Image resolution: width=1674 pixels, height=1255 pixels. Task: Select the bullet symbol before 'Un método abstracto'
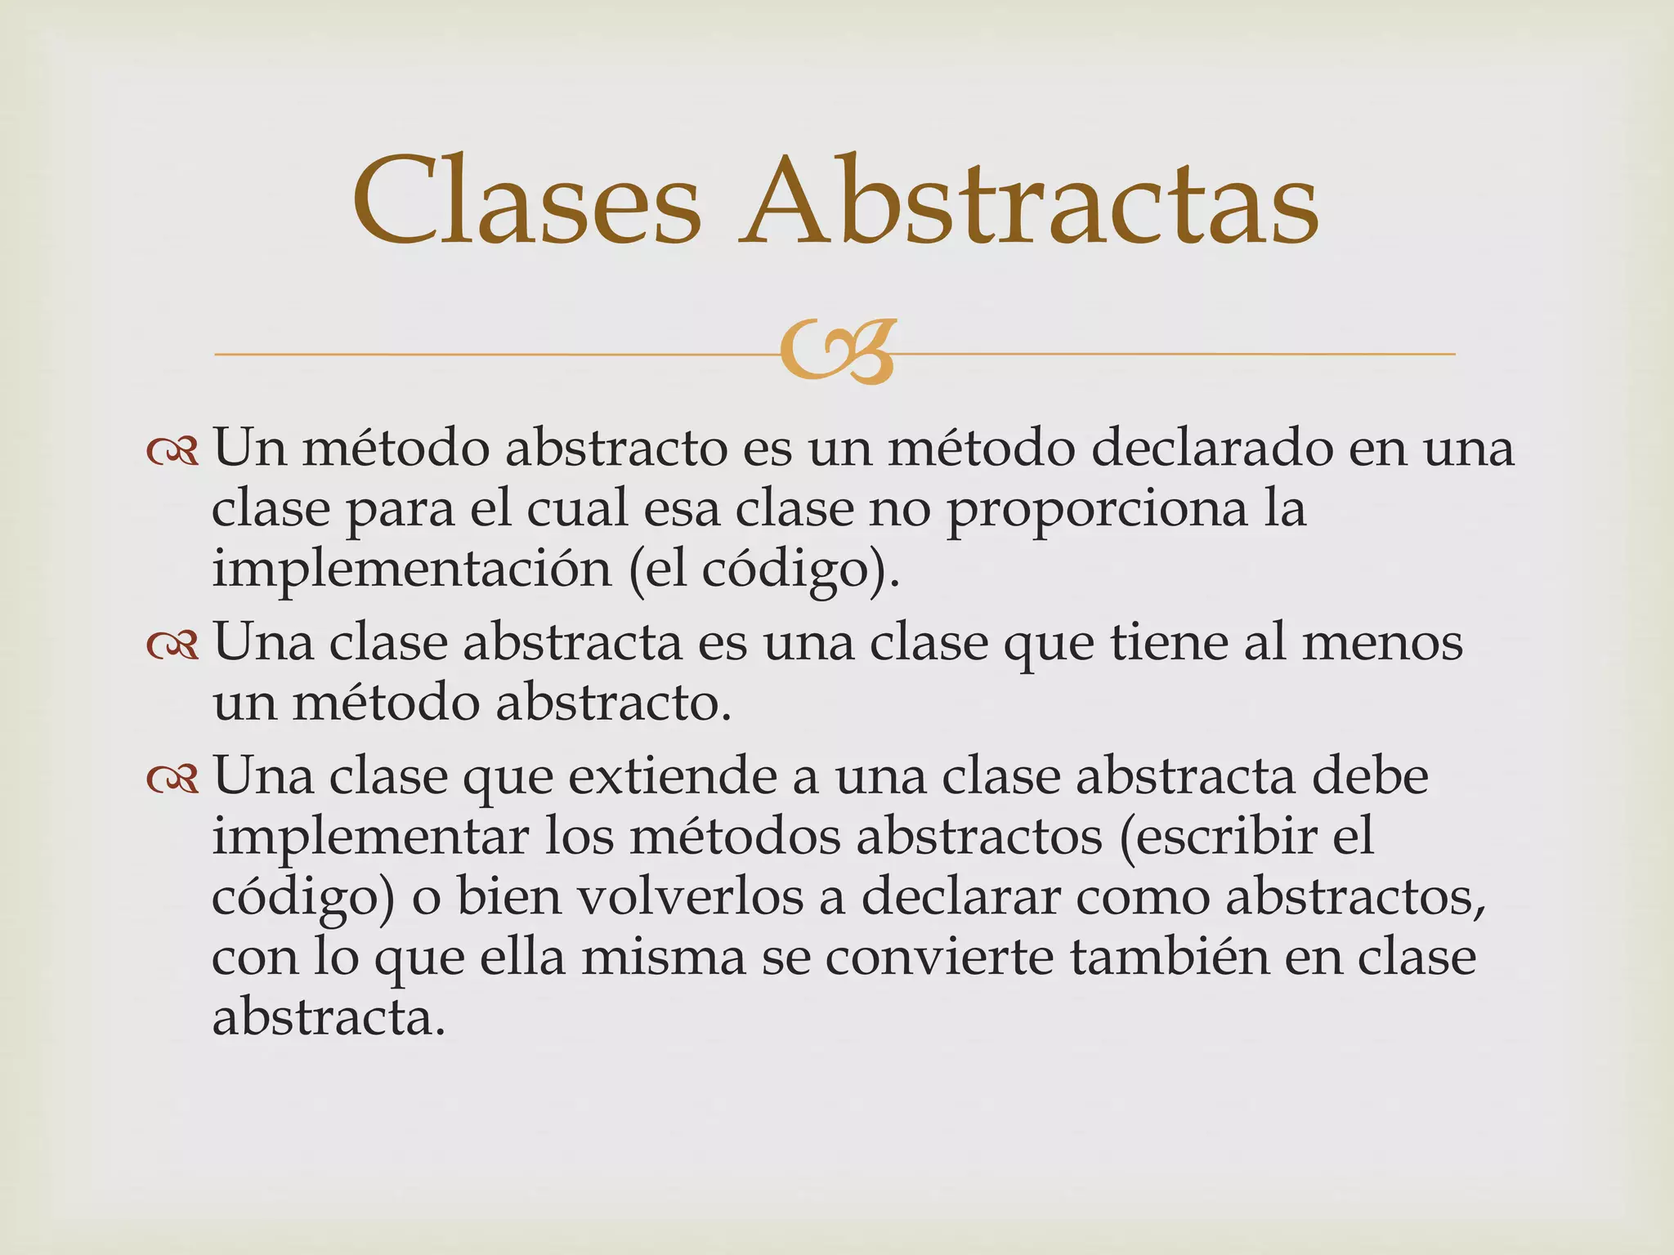172,451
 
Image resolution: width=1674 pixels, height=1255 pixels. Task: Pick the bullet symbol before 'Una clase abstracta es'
172,645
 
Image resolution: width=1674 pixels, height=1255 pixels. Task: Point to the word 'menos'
1382,642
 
